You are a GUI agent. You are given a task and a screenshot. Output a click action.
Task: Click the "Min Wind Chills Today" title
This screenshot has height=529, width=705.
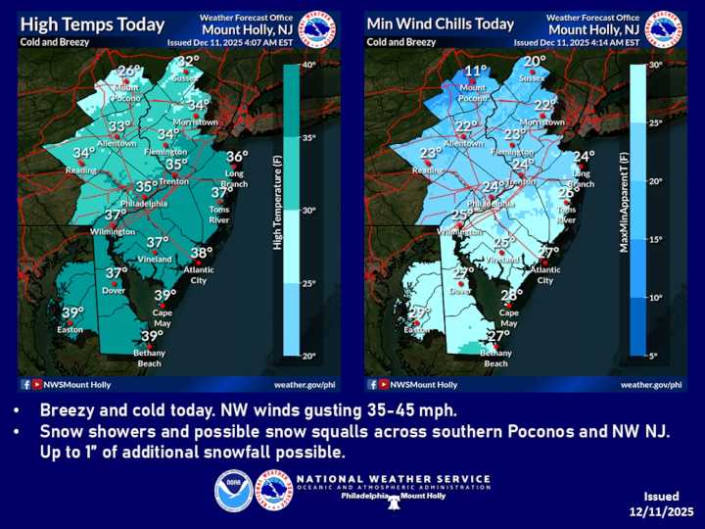[440, 24]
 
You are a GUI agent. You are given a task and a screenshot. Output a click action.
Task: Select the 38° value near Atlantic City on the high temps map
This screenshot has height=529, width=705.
[202, 253]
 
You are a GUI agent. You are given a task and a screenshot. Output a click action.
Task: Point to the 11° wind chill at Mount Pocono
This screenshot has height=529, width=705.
[476, 71]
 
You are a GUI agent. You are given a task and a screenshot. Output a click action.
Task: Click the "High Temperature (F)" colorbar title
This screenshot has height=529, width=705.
[278, 209]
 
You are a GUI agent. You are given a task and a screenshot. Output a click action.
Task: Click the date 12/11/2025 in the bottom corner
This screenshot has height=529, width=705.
[662, 512]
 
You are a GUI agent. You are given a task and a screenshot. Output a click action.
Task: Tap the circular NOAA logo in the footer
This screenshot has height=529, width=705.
[234, 491]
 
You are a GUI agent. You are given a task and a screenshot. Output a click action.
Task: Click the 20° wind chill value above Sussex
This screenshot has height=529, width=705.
[534, 61]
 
